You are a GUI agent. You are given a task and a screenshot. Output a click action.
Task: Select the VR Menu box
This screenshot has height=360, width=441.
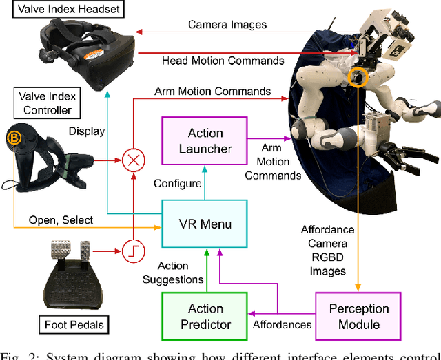(x=205, y=224)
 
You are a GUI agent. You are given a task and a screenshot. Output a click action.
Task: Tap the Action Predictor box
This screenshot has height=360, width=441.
(x=205, y=316)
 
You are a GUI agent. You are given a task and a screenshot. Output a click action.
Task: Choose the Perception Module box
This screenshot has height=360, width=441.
(x=358, y=316)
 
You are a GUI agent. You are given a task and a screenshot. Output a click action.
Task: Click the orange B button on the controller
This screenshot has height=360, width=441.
(x=14, y=138)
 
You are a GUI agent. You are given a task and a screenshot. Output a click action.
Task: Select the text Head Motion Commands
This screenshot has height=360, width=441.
(x=223, y=61)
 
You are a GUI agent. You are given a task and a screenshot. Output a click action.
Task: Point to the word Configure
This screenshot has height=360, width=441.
(x=178, y=184)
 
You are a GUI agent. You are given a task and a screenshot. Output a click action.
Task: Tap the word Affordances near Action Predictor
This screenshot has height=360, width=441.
(x=282, y=324)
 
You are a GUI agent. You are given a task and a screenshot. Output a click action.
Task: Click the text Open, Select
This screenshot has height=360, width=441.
(x=61, y=220)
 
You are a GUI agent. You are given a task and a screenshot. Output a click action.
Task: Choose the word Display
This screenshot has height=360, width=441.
(x=87, y=131)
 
